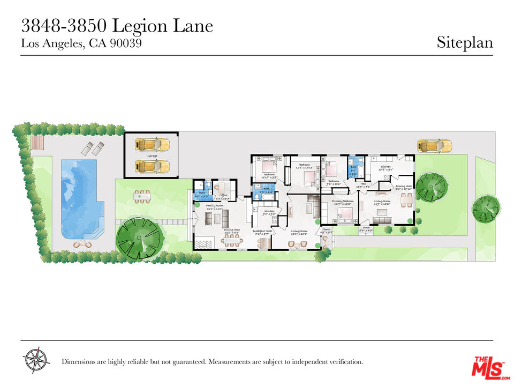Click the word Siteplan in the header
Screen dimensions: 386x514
[x=464, y=42]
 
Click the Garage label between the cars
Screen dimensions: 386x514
[x=152, y=155]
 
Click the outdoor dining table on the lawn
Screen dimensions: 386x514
[x=142, y=197]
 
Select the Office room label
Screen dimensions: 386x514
[x=223, y=195]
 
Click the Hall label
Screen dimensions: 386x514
[x=362, y=184]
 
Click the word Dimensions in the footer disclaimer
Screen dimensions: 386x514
[x=81, y=362]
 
